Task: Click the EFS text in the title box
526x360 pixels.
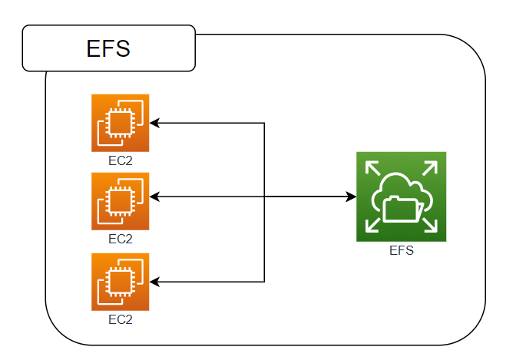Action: (x=108, y=48)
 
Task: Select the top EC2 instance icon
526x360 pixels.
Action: (x=120, y=123)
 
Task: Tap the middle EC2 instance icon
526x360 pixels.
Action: (x=120, y=201)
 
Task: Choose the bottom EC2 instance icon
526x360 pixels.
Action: (x=120, y=282)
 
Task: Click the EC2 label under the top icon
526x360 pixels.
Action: (x=120, y=160)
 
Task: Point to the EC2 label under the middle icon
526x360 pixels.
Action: (x=120, y=239)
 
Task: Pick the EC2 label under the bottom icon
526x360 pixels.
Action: (x=120, y=318)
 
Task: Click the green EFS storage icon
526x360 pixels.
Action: (x=401, y=197)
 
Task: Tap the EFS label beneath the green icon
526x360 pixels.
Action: (x=401, y=250)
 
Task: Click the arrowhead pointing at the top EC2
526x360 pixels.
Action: (x=154, y=123)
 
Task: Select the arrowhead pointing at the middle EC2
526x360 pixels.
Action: (x=154, y=197)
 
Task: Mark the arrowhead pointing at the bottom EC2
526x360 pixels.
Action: (x=154, y=282)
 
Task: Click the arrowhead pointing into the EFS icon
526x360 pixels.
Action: (x=351, y=197)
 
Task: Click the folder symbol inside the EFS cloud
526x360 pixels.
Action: (x=402, y=208)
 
